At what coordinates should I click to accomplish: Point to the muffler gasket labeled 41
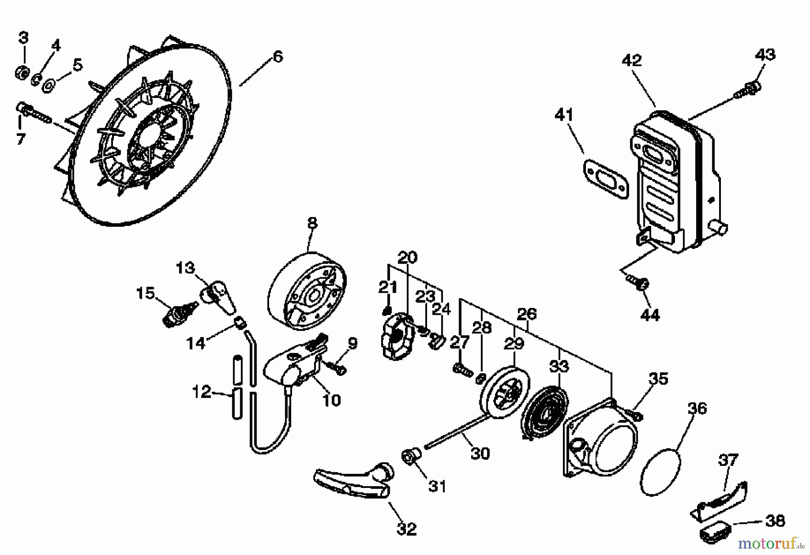(605, 177)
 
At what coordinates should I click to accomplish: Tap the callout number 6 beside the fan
(278, 57)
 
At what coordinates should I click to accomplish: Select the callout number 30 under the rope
(480, 453)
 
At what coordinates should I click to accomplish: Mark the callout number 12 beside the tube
(201, 392)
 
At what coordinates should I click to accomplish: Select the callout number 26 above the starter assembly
(526, 314)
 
